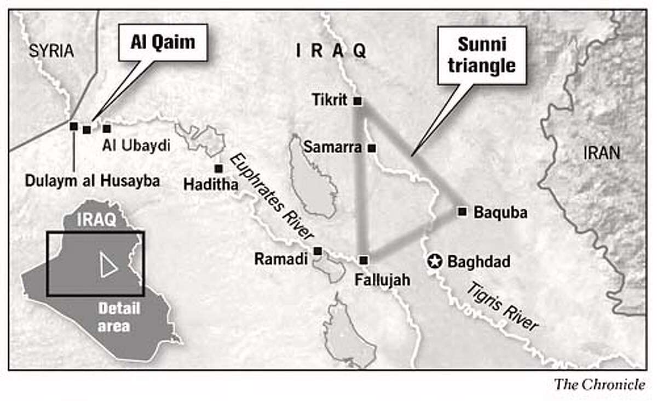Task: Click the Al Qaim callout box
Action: tap(163, 43)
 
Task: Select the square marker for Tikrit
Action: tap(358, 101)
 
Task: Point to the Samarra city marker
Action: tap(372, 148)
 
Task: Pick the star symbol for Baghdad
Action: tap(434, 262)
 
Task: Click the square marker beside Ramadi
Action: tap(318, 251)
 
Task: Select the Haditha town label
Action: tap(211, 185)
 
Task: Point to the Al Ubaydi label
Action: tap(136, 146)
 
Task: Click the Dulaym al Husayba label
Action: tap(93, 181)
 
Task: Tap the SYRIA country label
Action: tap(51, 51)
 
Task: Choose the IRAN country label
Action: tap(602, 153)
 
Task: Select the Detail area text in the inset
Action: tap(119, 317)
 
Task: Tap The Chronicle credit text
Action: tap(599, 385)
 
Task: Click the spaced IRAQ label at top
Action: tap(331, 51)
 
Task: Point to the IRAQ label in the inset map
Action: tap(96, 220)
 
